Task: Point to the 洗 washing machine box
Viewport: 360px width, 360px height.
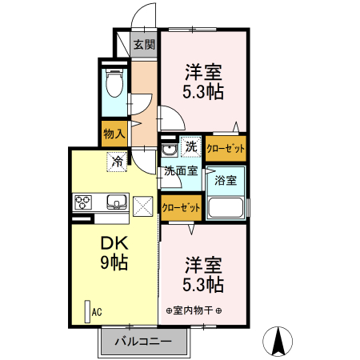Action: pyautogui.click(x=190, y=146)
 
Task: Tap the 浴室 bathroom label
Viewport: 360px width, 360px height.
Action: pyautogui.click(x=226, y=180)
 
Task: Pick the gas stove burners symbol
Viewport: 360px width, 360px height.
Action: pyautogui.click(x=84, y=202)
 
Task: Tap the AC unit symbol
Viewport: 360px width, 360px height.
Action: pyautogui.click(x=87, y=310)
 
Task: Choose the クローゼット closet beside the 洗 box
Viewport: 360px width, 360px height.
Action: pyautogui.click(x=226, y=147)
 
